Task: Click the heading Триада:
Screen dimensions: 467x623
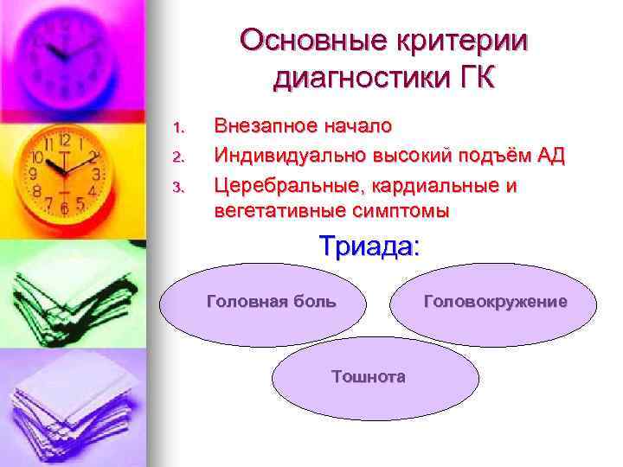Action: point(369,246)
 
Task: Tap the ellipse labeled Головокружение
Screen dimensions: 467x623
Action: point(496,303)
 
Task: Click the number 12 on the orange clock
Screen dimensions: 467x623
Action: point(64,139)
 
